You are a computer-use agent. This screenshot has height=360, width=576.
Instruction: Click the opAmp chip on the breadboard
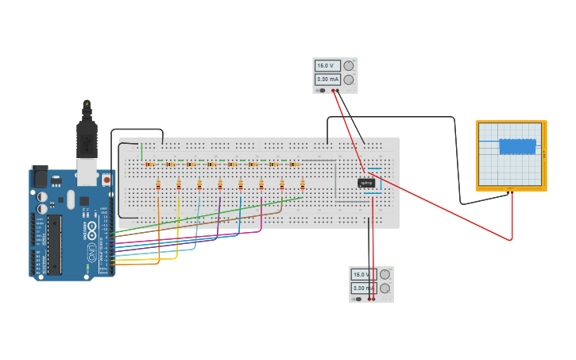(x=366, y=183)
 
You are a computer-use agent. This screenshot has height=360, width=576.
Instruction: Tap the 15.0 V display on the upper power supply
(x=327, y=66)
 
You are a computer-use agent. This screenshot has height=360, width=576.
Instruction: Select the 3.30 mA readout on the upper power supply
(x=327, y=79)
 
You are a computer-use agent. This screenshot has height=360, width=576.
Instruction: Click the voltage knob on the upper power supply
(x=349, y=66)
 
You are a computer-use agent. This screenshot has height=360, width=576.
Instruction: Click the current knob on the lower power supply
(x=385, y=288)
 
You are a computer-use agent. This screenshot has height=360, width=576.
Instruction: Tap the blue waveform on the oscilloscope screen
(x=516, y=146)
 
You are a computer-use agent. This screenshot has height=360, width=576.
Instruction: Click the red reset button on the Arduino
(x=106, y=180)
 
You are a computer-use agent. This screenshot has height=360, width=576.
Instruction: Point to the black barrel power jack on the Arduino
(x=39, y=177)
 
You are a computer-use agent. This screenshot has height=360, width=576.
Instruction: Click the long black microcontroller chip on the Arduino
(x=55, y=242)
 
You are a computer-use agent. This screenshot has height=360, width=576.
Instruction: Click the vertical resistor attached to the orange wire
(x=158, y=185)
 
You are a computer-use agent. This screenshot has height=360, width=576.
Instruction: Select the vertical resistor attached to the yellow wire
(x=179, y=185)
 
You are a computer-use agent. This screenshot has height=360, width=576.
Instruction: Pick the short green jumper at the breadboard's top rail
(x=141, y=151)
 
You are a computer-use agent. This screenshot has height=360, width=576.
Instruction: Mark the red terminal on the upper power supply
(x=334, y=91)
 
